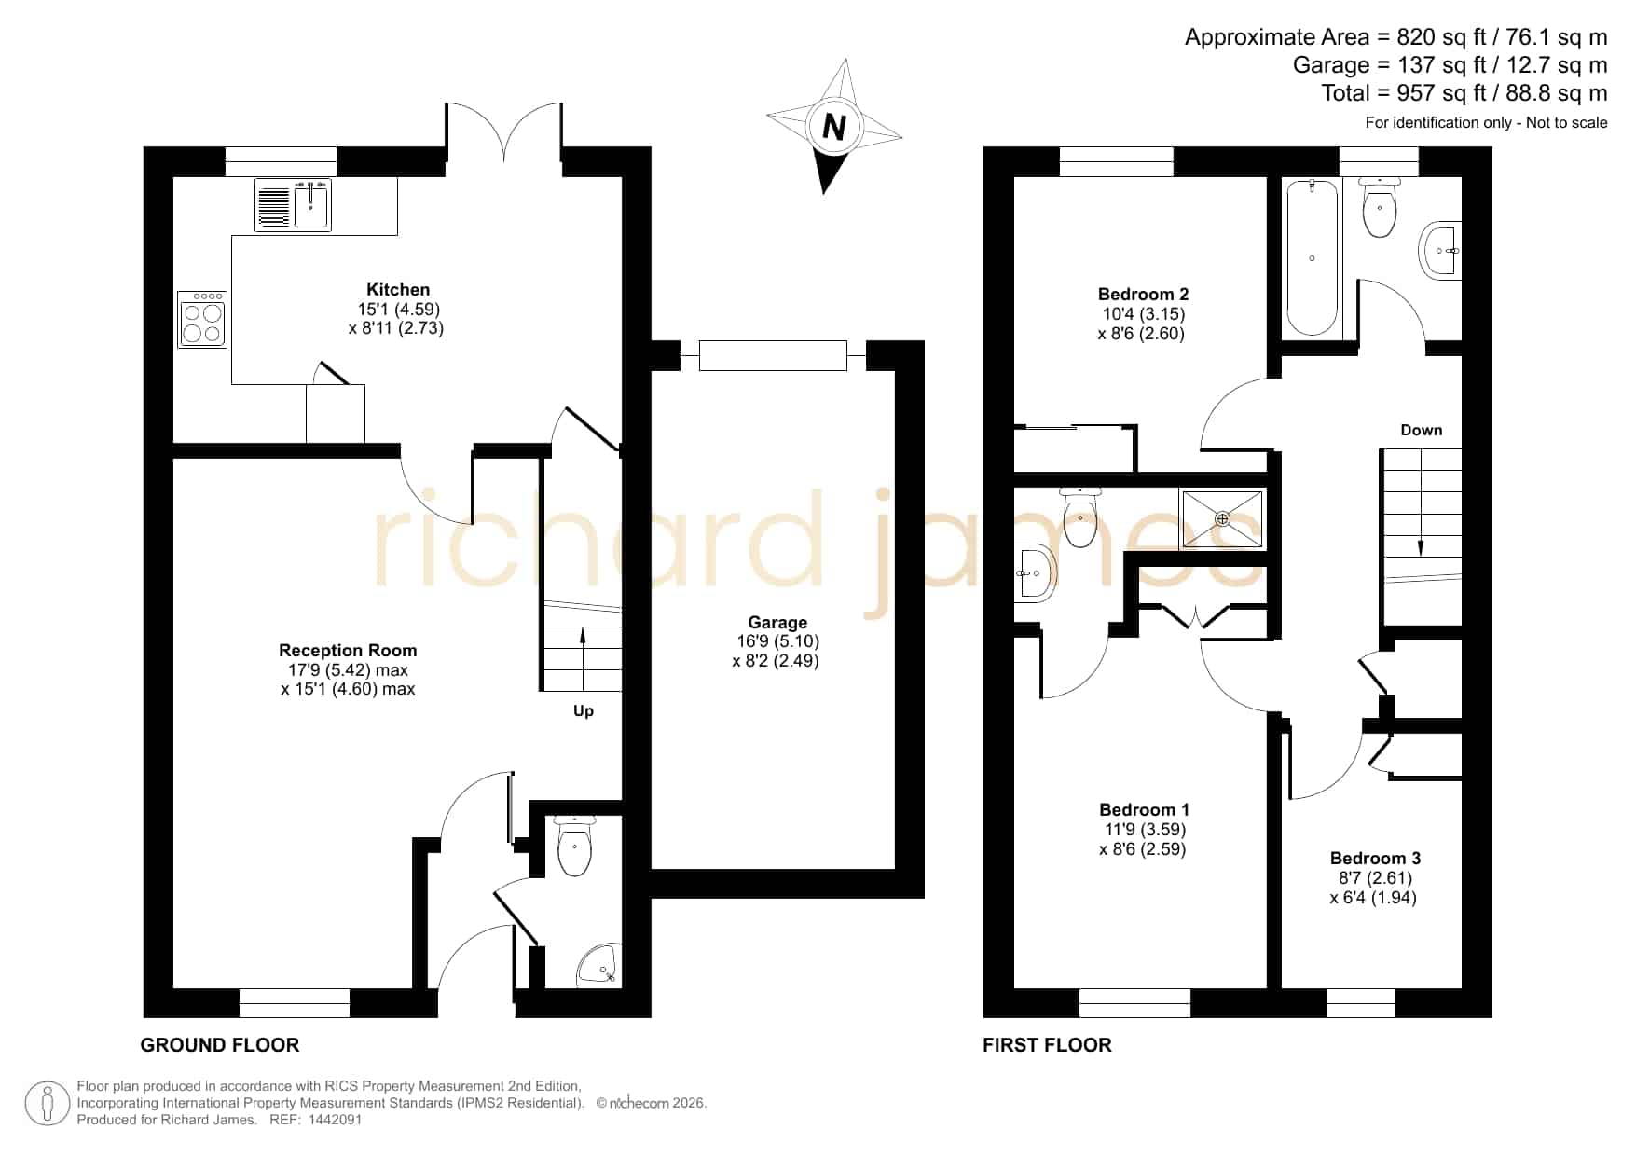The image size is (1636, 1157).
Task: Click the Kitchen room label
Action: (398, 289)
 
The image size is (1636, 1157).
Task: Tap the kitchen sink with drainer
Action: (293, 205)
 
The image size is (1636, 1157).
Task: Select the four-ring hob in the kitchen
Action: (202, 320)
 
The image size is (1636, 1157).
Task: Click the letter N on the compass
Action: (834, 127)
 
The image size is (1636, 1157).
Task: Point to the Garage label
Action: (777, 622)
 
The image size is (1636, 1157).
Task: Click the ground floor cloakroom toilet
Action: (573, 846)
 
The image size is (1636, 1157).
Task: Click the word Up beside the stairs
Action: (584, 711)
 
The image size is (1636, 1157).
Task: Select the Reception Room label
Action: (348, 650)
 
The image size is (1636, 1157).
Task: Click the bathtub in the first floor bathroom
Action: (1312, 258)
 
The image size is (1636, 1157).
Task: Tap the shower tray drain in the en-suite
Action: (1222, 518)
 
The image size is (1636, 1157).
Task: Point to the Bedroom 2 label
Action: (1143, 294)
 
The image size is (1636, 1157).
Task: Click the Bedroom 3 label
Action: (1375, 858)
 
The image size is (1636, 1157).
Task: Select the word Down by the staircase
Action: (1421, 430)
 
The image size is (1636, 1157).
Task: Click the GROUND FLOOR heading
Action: (220, 1045)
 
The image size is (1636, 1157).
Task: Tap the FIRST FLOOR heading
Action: (1047, 1045)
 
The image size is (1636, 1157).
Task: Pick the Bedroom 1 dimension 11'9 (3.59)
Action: (1145, 829)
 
